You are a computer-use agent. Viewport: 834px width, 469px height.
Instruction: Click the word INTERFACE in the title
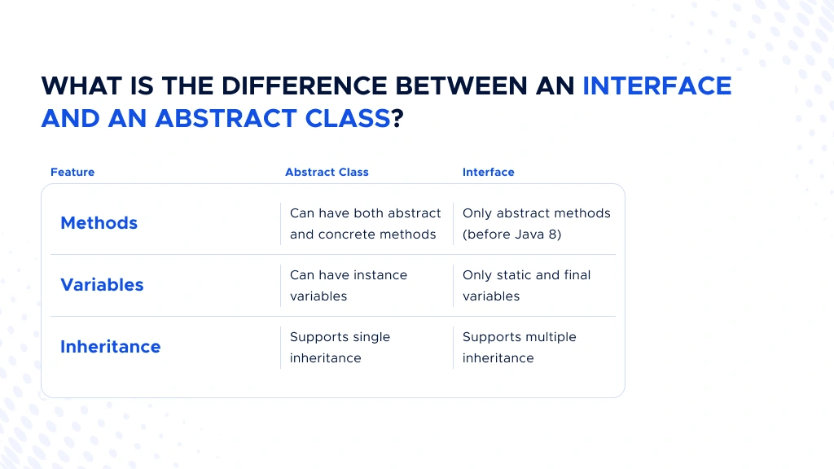(x=657, y=86)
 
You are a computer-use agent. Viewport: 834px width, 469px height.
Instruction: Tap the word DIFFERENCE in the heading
(x=305, y=86)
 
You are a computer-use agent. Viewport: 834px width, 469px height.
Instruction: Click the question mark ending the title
(x=397, y=119)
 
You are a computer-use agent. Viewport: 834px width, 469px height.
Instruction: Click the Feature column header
(x=72, y=173)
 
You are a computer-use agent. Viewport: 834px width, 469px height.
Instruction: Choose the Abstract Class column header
(x=327, y=173)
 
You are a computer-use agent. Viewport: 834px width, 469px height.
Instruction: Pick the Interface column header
(x=489, y=173)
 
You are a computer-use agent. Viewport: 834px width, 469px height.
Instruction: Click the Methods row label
(x=99, y=223)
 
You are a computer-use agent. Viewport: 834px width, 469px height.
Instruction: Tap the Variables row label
(x=102, y=285)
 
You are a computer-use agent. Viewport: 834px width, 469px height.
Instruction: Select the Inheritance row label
(x=111, y=347)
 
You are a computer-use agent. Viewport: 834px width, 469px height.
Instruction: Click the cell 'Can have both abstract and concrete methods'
(x=366, y=224)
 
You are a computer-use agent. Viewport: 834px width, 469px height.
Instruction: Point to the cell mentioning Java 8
(x=537, y=224)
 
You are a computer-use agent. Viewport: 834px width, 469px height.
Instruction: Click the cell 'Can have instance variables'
(x=349, y=286)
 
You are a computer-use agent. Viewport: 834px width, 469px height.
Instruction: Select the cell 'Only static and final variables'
(x=527, y=286)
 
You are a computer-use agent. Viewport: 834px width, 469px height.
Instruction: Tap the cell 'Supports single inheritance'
(x=340, y=347)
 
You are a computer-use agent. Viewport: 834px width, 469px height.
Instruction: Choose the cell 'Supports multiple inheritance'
(x=519, y=347)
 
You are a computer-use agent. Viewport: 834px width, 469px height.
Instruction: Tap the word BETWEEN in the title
(x=461, y=86)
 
